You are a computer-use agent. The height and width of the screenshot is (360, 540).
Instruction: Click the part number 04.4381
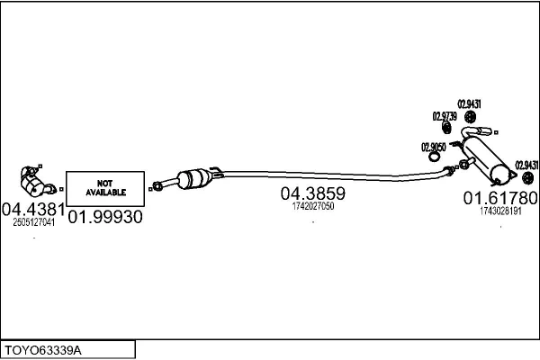pos(33,210)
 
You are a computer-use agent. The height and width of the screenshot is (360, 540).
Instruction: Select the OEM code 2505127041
pos(34,222)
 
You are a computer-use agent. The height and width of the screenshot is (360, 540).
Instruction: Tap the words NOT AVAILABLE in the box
pos(105,188)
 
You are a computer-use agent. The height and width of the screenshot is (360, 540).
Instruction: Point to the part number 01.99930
pos(105,217)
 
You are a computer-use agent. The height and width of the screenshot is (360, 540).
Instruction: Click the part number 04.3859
pos(312,193)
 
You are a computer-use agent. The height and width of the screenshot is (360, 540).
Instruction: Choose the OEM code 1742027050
pos(313,206)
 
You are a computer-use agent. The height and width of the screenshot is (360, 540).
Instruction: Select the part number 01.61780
pos(500,198)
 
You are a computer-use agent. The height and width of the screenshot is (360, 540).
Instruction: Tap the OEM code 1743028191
pos(500,211)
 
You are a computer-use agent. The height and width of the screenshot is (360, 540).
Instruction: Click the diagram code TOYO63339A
pos(43,351)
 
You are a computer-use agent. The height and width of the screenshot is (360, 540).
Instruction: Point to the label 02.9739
pos(445,116)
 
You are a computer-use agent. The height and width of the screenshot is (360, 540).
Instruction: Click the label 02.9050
pos(434,148)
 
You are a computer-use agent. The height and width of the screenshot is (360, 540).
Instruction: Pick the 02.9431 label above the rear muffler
pos(469,104)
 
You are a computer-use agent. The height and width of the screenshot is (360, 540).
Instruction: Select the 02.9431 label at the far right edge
pos(526,166)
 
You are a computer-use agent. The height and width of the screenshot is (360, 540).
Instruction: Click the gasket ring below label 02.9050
pos(434,157)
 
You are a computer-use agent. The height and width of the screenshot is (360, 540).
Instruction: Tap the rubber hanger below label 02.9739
pos(446,128)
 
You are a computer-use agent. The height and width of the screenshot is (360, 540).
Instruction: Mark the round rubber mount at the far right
pos(528,178)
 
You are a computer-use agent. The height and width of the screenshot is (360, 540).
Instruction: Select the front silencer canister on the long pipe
pos(193,179)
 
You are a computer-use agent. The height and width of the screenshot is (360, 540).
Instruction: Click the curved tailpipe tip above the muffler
pos(477,131)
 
